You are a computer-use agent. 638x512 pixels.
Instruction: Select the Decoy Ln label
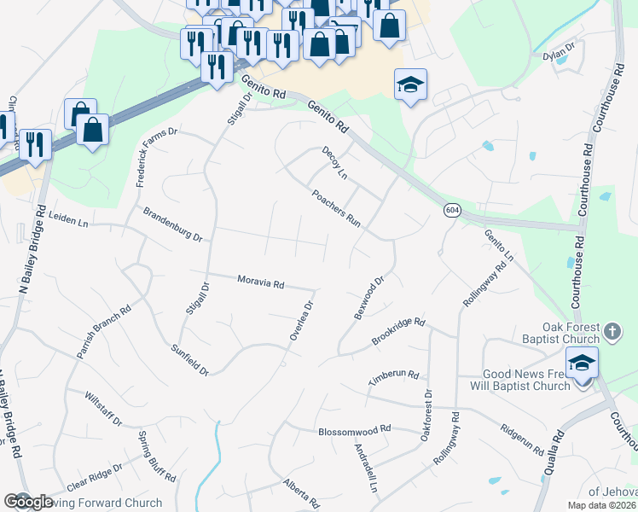click(334, 162)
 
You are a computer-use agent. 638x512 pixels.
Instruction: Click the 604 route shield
click(452, 210)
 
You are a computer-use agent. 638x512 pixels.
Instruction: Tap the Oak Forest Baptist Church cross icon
click(612, 330)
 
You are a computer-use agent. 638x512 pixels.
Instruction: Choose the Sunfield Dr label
click(190, 359)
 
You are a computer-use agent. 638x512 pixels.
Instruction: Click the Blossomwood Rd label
click(354, 431)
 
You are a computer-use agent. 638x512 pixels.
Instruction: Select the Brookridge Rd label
click(397, 333)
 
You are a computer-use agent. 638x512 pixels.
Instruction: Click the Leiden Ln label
click(69, 221)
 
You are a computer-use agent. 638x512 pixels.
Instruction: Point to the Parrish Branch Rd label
click(102, 332)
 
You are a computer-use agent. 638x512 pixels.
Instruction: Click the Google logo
click(28, 502)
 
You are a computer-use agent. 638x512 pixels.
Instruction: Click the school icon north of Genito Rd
click(410, 84)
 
